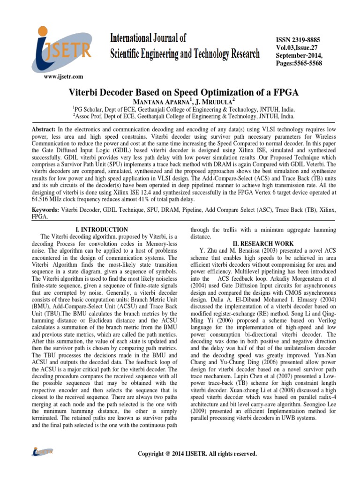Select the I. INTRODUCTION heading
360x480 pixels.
(x=101, y=230)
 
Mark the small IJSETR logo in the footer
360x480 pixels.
(x=43, y=452)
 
